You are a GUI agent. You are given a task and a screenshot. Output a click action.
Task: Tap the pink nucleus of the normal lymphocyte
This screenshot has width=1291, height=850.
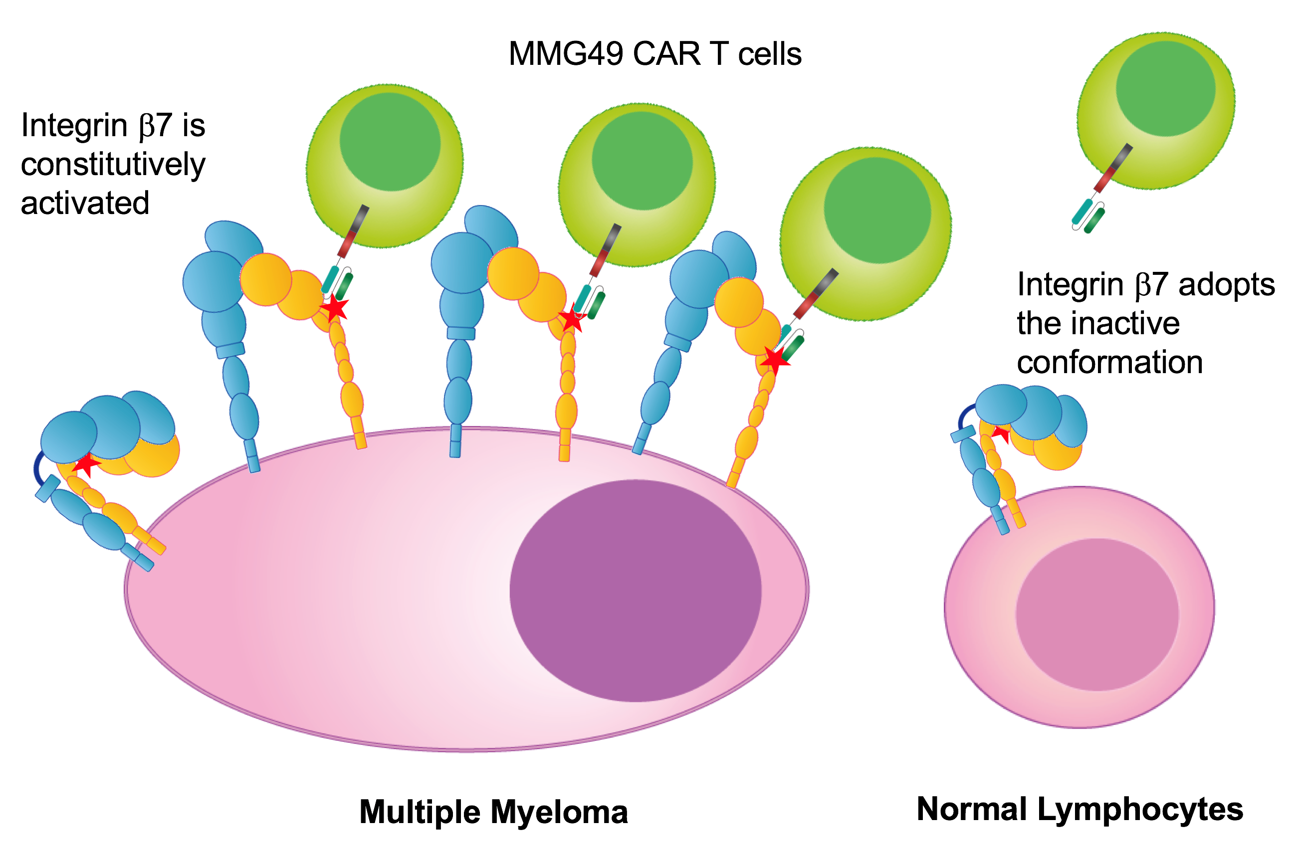(x=1097, y=615)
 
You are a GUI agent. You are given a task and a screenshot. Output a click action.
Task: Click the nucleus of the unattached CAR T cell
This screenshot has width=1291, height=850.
(x=1165, y=88)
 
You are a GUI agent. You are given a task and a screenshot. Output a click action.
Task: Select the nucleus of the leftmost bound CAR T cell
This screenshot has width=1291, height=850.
(x=390, y=142)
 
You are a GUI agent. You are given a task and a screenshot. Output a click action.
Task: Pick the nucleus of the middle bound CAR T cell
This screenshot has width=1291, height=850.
(x=642, y=161)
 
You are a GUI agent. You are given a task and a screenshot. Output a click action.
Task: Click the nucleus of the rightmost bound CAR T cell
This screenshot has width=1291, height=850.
(x=877, y=211)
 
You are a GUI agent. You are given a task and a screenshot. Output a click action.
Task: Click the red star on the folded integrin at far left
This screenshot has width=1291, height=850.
(x=86, y=464)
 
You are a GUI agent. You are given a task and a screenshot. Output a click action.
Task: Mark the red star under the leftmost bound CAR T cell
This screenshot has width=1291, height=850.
(x=335, y=308)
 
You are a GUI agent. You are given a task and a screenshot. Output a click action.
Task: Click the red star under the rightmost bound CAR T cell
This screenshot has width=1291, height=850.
(x=775, y=360)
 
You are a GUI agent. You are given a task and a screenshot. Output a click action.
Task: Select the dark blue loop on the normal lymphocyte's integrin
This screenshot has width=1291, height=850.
(x=965, y=417)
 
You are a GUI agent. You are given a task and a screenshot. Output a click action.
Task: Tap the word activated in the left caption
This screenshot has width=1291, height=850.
(x=85, y=203)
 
